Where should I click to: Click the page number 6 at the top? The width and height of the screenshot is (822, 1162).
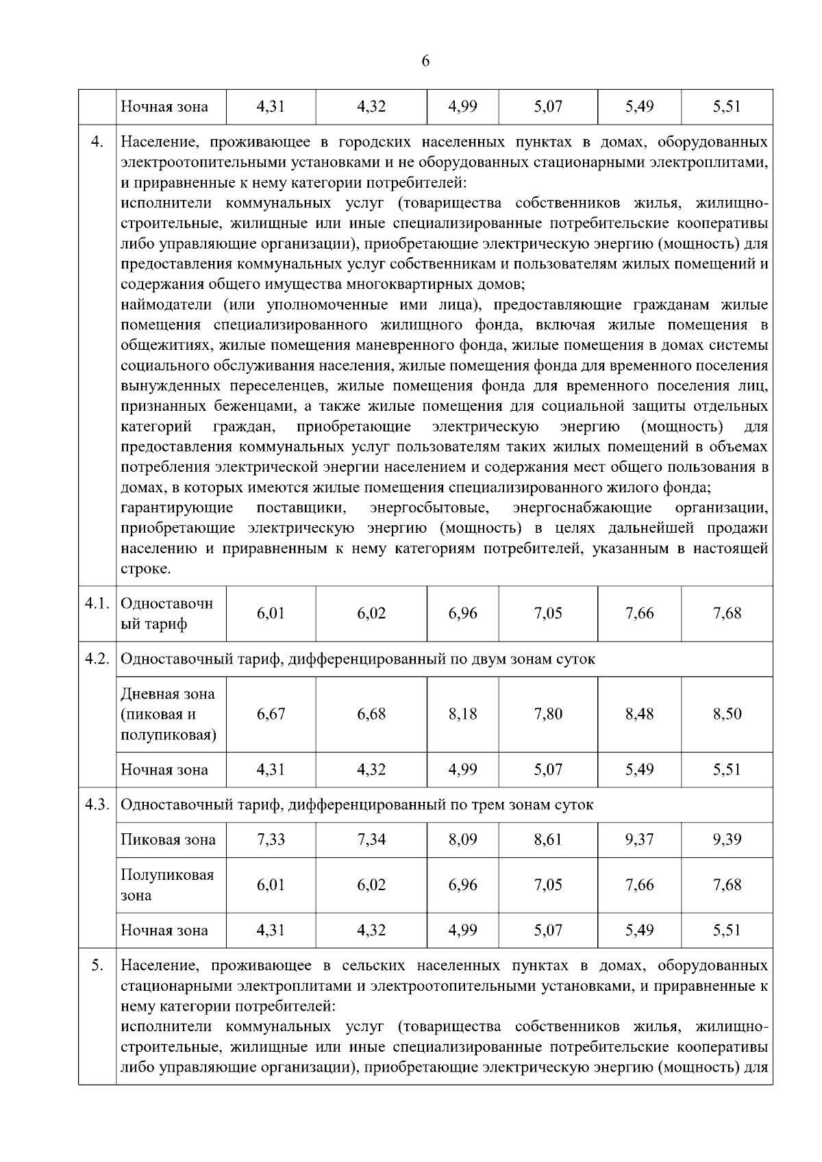(x=425, y=62)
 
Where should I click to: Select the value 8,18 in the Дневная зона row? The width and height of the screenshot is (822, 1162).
(x=462, y=714)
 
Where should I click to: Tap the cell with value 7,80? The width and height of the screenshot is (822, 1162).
(x=548, y=714)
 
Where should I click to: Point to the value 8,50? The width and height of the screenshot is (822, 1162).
(x=727, y=714)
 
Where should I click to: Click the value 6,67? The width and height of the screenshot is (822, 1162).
(x=271, y=714)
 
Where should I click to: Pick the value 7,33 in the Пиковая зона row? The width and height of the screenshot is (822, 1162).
(x=271, y=839)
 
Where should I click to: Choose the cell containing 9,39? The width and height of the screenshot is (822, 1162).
(x=727, y=839)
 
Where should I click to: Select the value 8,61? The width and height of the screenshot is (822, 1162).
(x=548, y=839)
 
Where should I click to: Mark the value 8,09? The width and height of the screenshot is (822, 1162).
(x=462, y=839)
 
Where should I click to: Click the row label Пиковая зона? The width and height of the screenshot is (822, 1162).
(x=168, y=839)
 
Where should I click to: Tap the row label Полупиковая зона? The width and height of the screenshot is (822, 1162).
(x=167, y=885)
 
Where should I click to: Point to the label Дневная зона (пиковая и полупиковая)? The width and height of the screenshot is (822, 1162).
(x=168, y=714)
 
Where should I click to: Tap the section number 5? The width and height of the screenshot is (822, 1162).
(x=97, y=965)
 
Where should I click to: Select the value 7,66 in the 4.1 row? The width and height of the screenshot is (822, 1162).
(x=639, y=614)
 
